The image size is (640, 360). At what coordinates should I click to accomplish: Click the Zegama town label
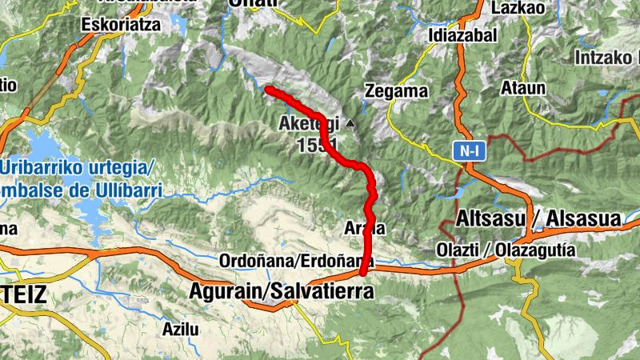pyautogui.click(x=396, y=91)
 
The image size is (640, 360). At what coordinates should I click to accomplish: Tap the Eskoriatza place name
pyautogui.click(x=121, y=24)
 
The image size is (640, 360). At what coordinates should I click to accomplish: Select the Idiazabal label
pyautogui.click(x=462, y=35)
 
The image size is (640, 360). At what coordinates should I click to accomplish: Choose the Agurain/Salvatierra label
pyautogui.click(x=281, y=292)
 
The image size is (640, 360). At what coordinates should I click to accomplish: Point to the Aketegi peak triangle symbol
pyautogui.click(x=350, y=124)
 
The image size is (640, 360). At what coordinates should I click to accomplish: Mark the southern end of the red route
pyautogui.click(x=364, y=272)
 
